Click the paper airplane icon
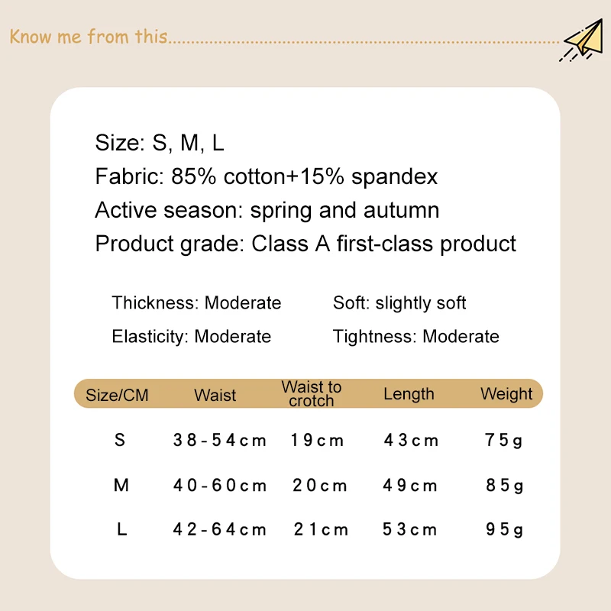pyautogui.click(x=582, y=40)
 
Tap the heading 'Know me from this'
pyautogui.click(x=89, y=37)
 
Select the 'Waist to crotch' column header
pyautogui.click(x=312, y=393)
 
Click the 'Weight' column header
pyautogui.click(x=506, y=394)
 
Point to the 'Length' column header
pyautogui.click(x=409, y=394)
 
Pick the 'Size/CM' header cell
pyautogui.click(x=117, y=395)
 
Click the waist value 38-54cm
pyautogui.click(x=220, y=441)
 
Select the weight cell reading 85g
pyautogui.click(x=504, y=486)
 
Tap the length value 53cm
pyautogui.click(x=409, y=529)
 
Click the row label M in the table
pyautogui.click(x=121, y=485)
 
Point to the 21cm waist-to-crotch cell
pyautogui.click(x=321, y=529)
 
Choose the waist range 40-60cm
pyautogui.click(x=220, y=486)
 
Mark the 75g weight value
pyautogui.click(x=503, y=441)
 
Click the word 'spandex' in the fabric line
pyautogui.click(x=394, y=176)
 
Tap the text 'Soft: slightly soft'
pyautogui.click(x=399, y=303)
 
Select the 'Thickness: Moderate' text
pyautogui.click(x=196, y=302)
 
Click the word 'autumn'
pyautogui.click(x=401, y=210)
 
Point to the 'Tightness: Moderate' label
pyautogui.click(x=415, y=336)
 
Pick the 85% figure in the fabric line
pyautogui.click(x=193, y=176)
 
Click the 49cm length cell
pyautogui.click(x=409, y=486)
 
